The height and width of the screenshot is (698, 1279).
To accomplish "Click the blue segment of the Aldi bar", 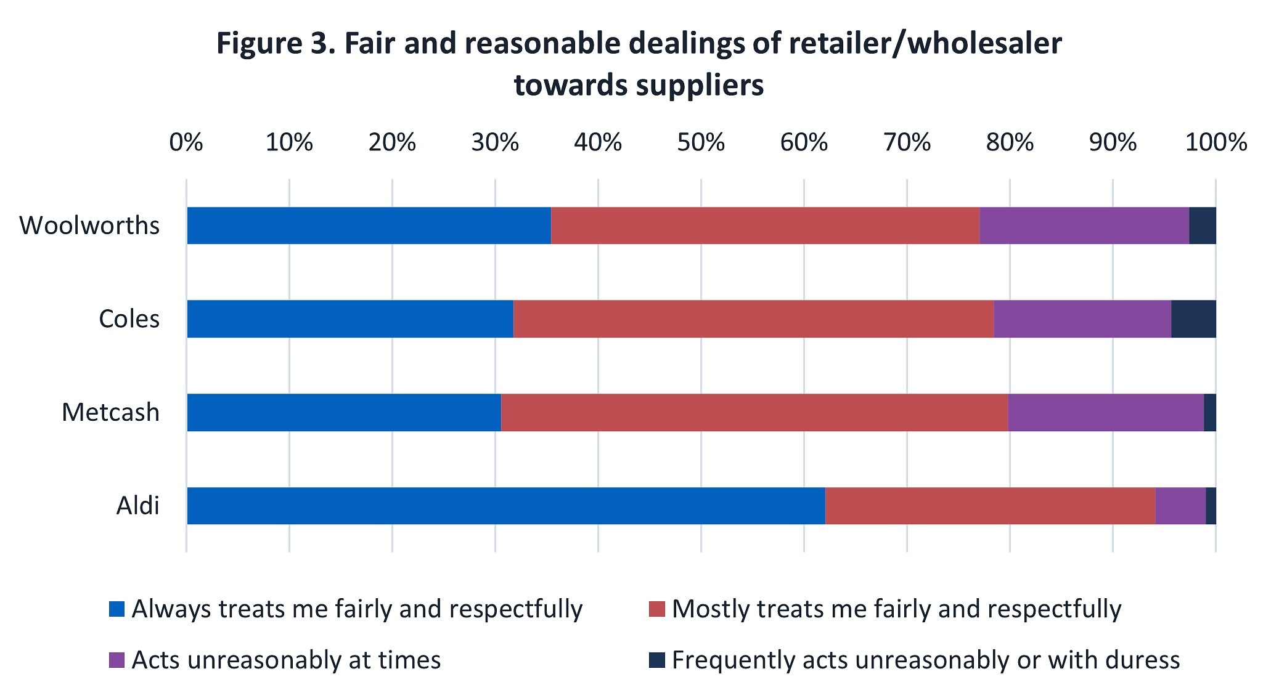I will (505, 506).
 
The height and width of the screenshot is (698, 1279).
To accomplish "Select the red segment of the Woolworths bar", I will (765, 225).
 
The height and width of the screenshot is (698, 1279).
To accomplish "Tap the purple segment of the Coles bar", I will (1082, 319).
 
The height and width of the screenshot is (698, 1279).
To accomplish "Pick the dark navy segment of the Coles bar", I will (1193, 319).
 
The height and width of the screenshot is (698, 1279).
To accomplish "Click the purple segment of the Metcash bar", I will (1106, 412).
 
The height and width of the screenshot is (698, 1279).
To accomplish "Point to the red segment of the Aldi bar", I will (990, 506).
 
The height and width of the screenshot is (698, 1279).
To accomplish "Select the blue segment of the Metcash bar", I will (344, 412).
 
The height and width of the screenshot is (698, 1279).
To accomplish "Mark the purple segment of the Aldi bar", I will (1180, 506).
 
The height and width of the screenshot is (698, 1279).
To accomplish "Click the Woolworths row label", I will (89, 225).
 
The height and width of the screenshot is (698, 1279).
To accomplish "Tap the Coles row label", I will (129, 319).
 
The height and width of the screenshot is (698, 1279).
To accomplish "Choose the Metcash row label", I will (110, 412).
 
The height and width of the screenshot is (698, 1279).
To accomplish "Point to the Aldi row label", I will (137, 506).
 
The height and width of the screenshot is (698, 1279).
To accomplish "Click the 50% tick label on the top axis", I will (701, 143).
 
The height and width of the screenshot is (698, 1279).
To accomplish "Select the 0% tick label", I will (186, 143).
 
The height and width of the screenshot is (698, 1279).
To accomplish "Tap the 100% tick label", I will (1216, 143).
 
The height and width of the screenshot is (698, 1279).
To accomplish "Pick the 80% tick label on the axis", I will (1010, 143).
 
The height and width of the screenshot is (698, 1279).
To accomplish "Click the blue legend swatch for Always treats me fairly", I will (116, 609).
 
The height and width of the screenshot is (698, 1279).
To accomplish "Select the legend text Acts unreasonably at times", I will (286, 660).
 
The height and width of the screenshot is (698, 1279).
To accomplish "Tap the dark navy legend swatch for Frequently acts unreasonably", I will (656, 660).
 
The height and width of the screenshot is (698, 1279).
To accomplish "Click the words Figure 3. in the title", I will (276, 44).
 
